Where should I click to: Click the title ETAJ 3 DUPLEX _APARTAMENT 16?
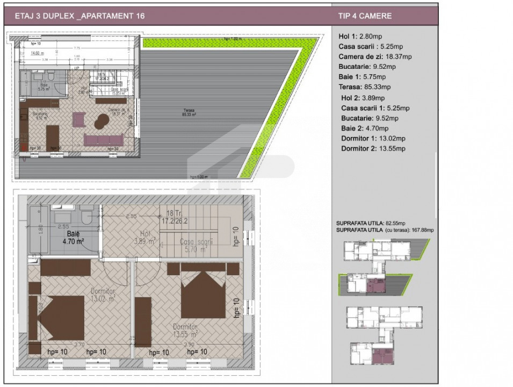click(x=80, y=16)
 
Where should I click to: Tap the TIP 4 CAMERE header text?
click(x=365, y=16)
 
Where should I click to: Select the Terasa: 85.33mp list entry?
click(x=365, y=87)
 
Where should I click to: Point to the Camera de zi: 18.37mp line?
click(x=375, y=56)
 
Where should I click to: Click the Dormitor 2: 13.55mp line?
click(x=373, y=148)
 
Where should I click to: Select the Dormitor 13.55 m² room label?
click(x=185, y=330)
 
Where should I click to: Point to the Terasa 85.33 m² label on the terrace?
click(x=188, y=112)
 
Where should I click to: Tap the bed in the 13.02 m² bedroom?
click(x=60, y=317)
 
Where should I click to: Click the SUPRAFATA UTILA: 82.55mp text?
click(x=371, y=223)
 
